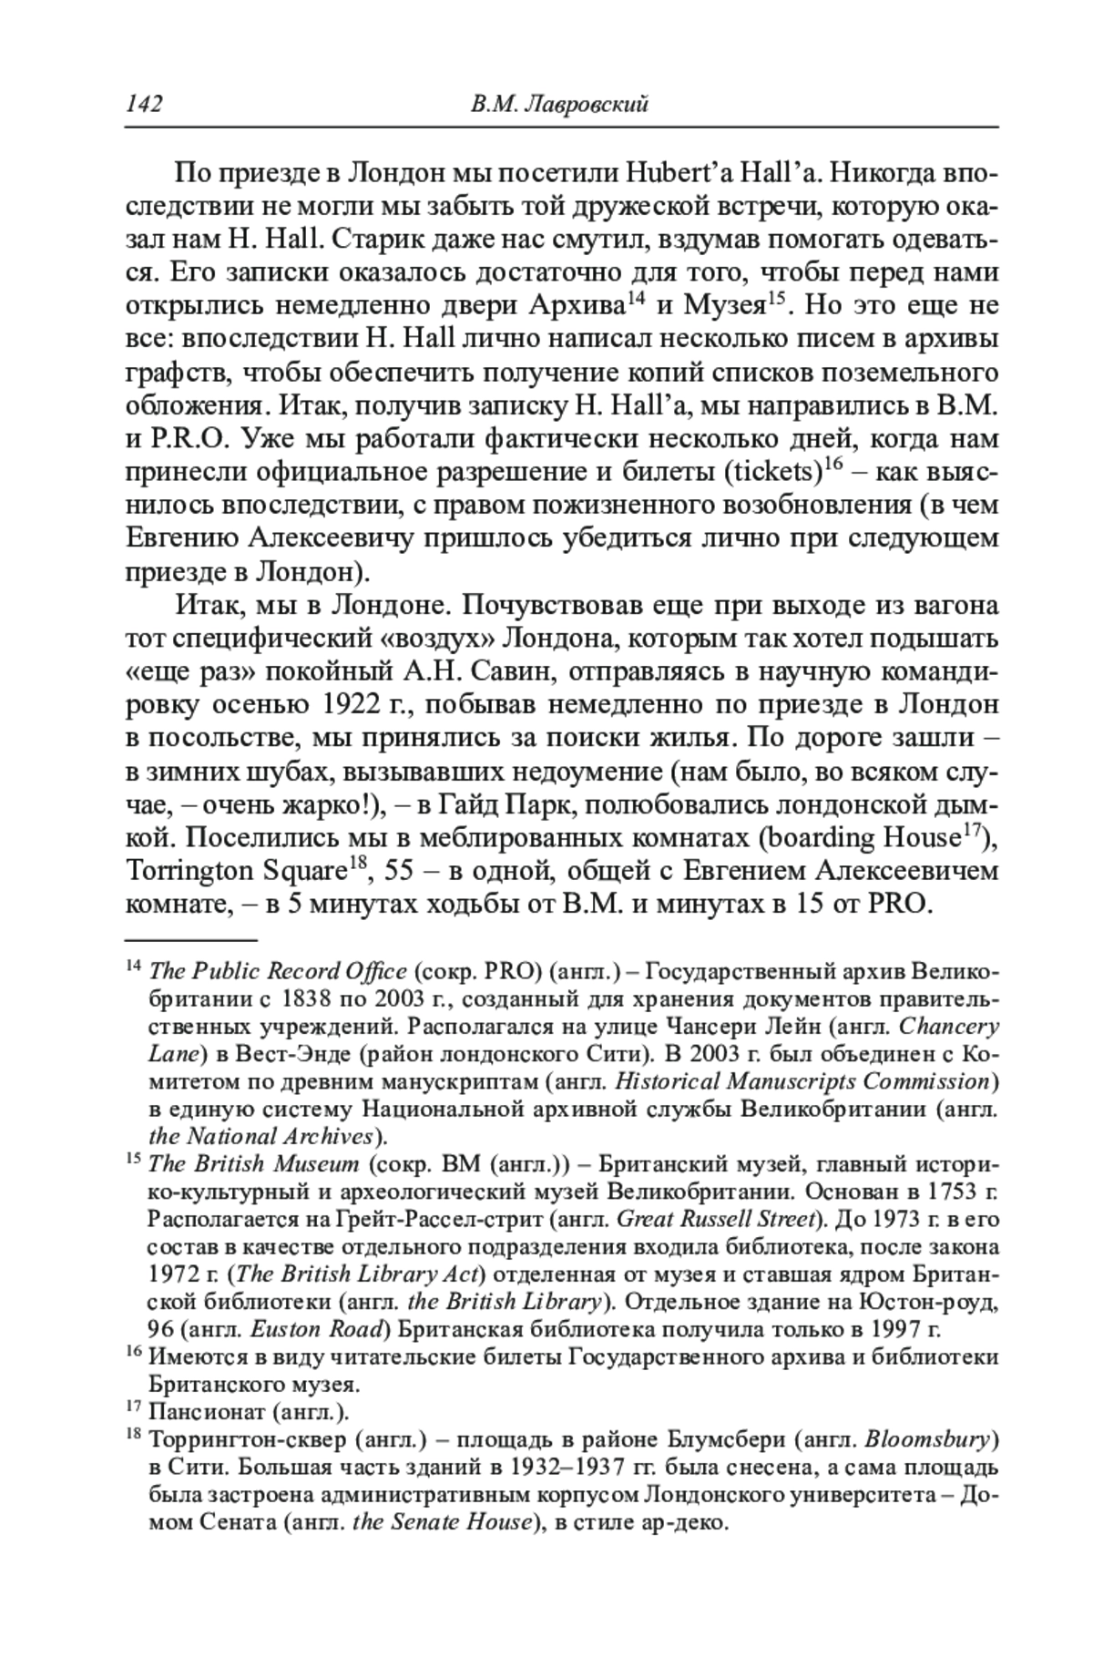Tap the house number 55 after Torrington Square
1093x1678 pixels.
402,872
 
